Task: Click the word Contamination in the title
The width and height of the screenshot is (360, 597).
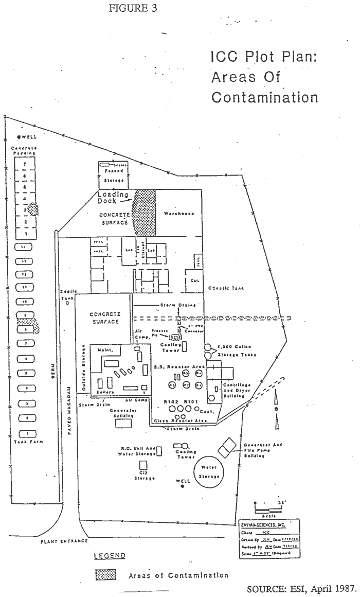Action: pyautogui.click(x=264, y=97)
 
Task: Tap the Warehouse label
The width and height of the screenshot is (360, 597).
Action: pyautogui.click(x=178, y=213)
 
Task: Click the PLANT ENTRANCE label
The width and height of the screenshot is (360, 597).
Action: pyautogui.click(x=64, y=541)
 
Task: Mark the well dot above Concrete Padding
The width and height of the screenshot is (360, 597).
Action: pyautogui.click(x=19, y=137)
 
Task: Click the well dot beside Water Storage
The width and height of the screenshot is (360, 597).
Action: pyautogui.click(x=183, y=485)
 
